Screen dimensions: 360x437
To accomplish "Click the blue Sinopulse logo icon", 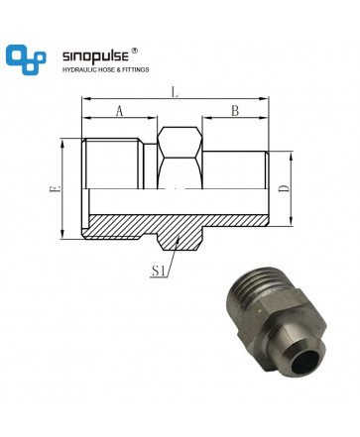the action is coord(26,59).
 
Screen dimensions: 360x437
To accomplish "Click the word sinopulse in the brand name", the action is coord(95,56).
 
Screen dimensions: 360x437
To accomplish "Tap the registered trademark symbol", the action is coord(134,51).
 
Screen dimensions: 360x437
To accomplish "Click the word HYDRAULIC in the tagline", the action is coord(78,69).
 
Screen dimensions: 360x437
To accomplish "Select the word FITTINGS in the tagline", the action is coord(136,69).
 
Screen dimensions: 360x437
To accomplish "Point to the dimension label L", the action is coord(175,92).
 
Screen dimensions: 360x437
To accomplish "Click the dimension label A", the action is coord(119,111).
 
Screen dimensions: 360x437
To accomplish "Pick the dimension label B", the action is coord(235,111).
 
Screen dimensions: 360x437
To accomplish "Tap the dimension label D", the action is coord(284,188).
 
